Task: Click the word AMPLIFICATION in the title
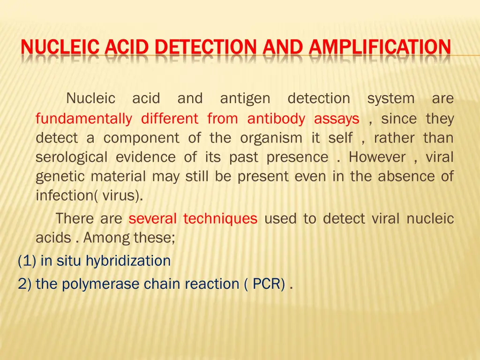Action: [380, 47]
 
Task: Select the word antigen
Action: [245, 99]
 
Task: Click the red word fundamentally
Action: [84, 119]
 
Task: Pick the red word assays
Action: [337, 119]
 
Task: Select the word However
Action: [377, 157]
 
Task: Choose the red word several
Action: [153, 218]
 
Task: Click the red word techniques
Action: [220, 218]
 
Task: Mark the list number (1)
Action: [27, 261]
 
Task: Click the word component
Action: [141, 138]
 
